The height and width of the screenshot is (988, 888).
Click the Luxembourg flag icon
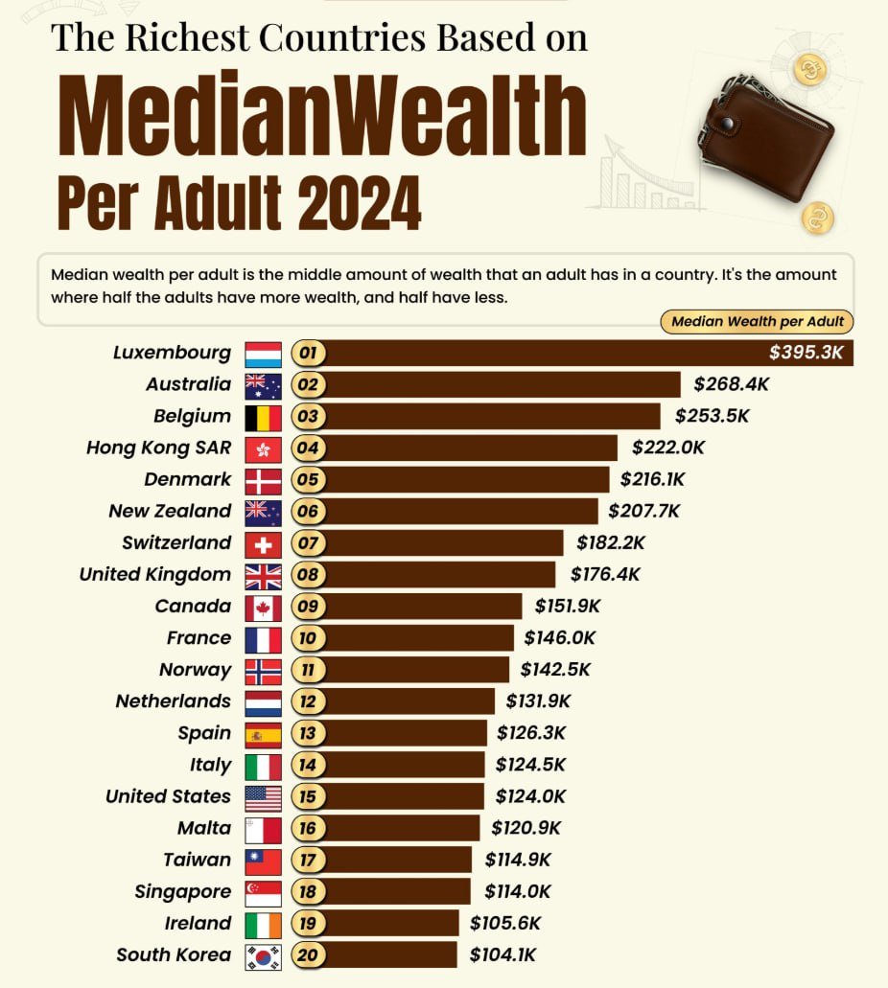pos(263,354)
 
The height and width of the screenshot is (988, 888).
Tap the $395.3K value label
pos(806,353)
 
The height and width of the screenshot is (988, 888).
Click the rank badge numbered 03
pos(308,417)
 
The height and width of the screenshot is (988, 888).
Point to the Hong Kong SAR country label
pos(158,448)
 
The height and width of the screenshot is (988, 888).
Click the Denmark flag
pos(263,480)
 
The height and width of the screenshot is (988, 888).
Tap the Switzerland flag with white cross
pos(263,543)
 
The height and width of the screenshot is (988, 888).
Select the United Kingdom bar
pos(440,575)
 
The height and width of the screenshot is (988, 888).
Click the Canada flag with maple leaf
pos(263,607)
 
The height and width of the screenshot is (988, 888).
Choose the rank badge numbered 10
pos(308,638)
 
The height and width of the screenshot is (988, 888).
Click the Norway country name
pos(195,670)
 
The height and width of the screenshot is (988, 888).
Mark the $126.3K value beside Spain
pos(531,733)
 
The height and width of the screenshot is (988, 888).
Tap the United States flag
pos(263,796)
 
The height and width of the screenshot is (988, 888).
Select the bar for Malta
pos(403,828)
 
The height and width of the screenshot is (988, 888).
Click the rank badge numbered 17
pos(308,860)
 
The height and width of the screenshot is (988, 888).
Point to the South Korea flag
pos(263,955)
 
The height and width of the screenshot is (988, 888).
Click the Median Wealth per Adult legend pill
pos(757,322)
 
